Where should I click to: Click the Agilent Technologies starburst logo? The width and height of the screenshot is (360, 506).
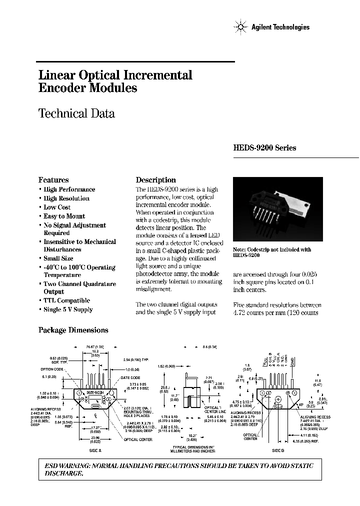point(239,27)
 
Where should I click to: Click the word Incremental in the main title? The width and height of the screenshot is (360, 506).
point(159,75)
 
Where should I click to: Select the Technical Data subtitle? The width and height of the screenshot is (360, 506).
point(76,113)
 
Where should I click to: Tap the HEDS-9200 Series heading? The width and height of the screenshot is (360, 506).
point(264,148)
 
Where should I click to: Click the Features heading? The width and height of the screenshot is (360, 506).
point(53,180)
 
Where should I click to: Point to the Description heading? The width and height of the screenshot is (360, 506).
point(155,180)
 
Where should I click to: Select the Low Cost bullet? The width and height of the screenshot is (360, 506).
point(57,207)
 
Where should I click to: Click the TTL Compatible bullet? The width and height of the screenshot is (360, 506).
point(66,300)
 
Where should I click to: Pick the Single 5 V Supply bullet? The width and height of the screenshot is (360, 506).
point(68,309)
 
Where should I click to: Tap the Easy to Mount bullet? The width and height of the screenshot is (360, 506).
point(64,216)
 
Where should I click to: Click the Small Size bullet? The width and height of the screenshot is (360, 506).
point(58,258)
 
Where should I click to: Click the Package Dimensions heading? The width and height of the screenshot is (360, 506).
point(73,330)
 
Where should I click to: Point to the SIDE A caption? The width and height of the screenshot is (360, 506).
point(95,450)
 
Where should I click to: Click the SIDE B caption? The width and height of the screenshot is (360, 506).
point(278,450)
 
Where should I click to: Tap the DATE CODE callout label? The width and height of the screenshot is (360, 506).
point(131,377)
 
